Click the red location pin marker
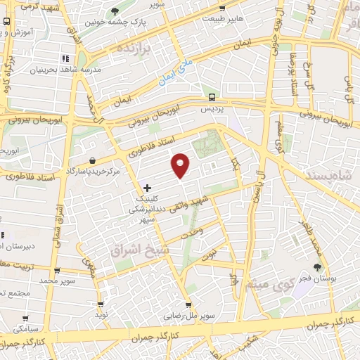(181, 165)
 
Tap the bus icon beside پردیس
(212, 98)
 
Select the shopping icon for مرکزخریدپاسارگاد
(94, 161)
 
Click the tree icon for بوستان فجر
(318, 266)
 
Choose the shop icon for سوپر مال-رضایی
(188, 305)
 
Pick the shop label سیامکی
(25, 328)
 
